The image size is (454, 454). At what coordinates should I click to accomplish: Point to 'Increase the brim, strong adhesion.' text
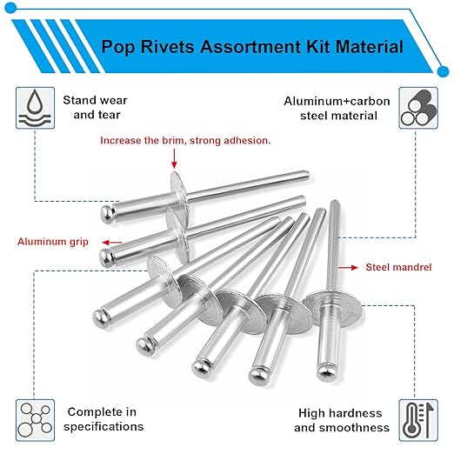coord(185,140)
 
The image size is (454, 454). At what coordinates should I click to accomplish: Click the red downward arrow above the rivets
coord(174,158)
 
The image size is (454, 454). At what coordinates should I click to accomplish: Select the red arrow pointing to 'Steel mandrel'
coord(346,268)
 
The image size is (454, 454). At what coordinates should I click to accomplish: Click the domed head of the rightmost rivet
coord(326,371)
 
